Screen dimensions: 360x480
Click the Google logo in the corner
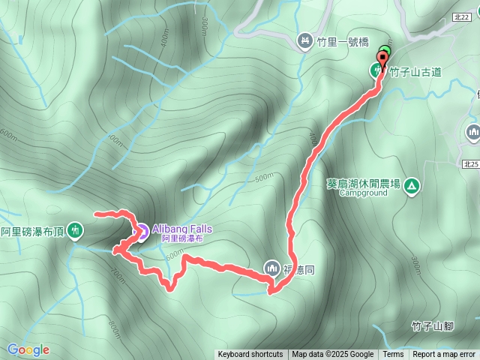tap(28, 349)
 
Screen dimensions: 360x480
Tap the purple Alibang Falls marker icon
tap(140, 232)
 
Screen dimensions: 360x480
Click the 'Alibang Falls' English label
tap(182, 229)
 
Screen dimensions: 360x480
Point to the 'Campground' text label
tap(363, 193)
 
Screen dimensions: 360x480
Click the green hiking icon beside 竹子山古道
tap(376, 71)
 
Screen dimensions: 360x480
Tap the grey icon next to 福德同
tap(271, 266)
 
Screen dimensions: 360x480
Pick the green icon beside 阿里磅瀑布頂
tap(75, 230)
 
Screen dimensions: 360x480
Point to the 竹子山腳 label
tap(433, 325)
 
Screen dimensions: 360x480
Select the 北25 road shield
tap(470, 164)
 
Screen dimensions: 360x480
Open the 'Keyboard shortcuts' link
tap(250, 355)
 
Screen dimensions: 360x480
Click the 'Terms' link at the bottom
tap(393, 355)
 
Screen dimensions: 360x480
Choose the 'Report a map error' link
tap(444, 355)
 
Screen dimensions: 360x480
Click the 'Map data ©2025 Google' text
tap(333, 355)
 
